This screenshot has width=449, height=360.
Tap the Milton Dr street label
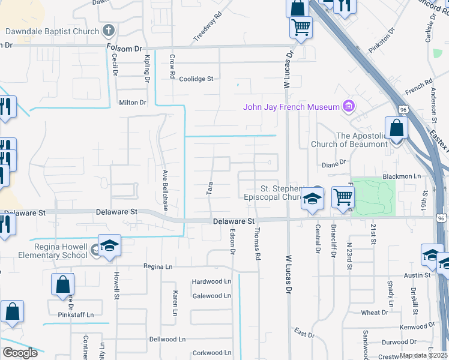tap(133, 103)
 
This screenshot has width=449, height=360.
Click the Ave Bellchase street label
tap(164, 188)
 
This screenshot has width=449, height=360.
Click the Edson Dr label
tap(232, 243)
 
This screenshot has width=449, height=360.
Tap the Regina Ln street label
tap(158, 266)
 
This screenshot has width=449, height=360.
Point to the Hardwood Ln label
tap(211, 281)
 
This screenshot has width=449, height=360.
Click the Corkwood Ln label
tap(211, 353)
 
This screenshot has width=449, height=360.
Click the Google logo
tap(20, 352)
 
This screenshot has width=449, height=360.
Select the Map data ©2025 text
tap(424, 355)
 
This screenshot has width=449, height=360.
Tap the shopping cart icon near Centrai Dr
tap(342, 197)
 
